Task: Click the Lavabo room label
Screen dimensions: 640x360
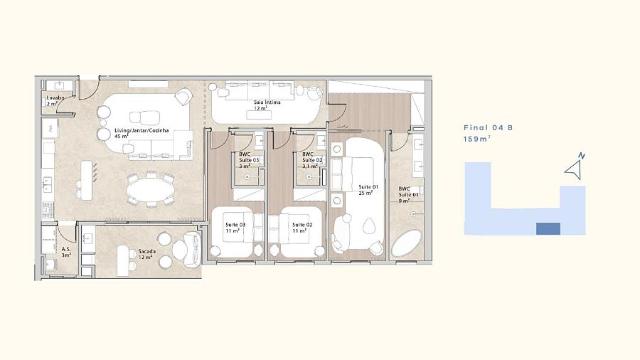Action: (55, 101)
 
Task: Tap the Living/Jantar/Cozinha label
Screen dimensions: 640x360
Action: (142, 134)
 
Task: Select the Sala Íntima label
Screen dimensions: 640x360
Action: (267, 105)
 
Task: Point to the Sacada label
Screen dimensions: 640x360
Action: (146, 254)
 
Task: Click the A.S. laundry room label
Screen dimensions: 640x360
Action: (66, 252)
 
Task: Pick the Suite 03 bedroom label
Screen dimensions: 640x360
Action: (235, 228)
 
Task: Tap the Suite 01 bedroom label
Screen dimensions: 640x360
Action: (368, 190)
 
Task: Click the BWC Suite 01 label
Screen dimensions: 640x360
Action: (408, 195)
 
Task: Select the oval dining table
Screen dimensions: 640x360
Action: (149, 191)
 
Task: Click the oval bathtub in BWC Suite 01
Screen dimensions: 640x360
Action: (407, 243)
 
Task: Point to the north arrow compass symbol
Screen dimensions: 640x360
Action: (575, 167)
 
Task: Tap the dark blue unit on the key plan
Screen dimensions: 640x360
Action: (548, 228)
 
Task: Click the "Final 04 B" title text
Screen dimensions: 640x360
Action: (488, 128)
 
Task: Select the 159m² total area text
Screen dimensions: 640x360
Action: (476, 139)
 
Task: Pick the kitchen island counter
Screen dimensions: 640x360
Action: (86, 180)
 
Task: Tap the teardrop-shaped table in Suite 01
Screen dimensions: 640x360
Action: (369, 226)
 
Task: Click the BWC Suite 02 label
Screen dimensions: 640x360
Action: (312, 160)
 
